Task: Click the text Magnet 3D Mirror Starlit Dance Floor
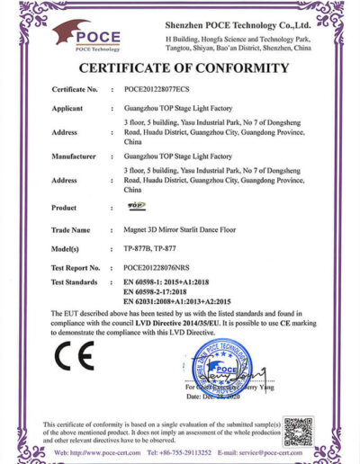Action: pos(181,229)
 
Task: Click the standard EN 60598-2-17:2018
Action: pos(159,292)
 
